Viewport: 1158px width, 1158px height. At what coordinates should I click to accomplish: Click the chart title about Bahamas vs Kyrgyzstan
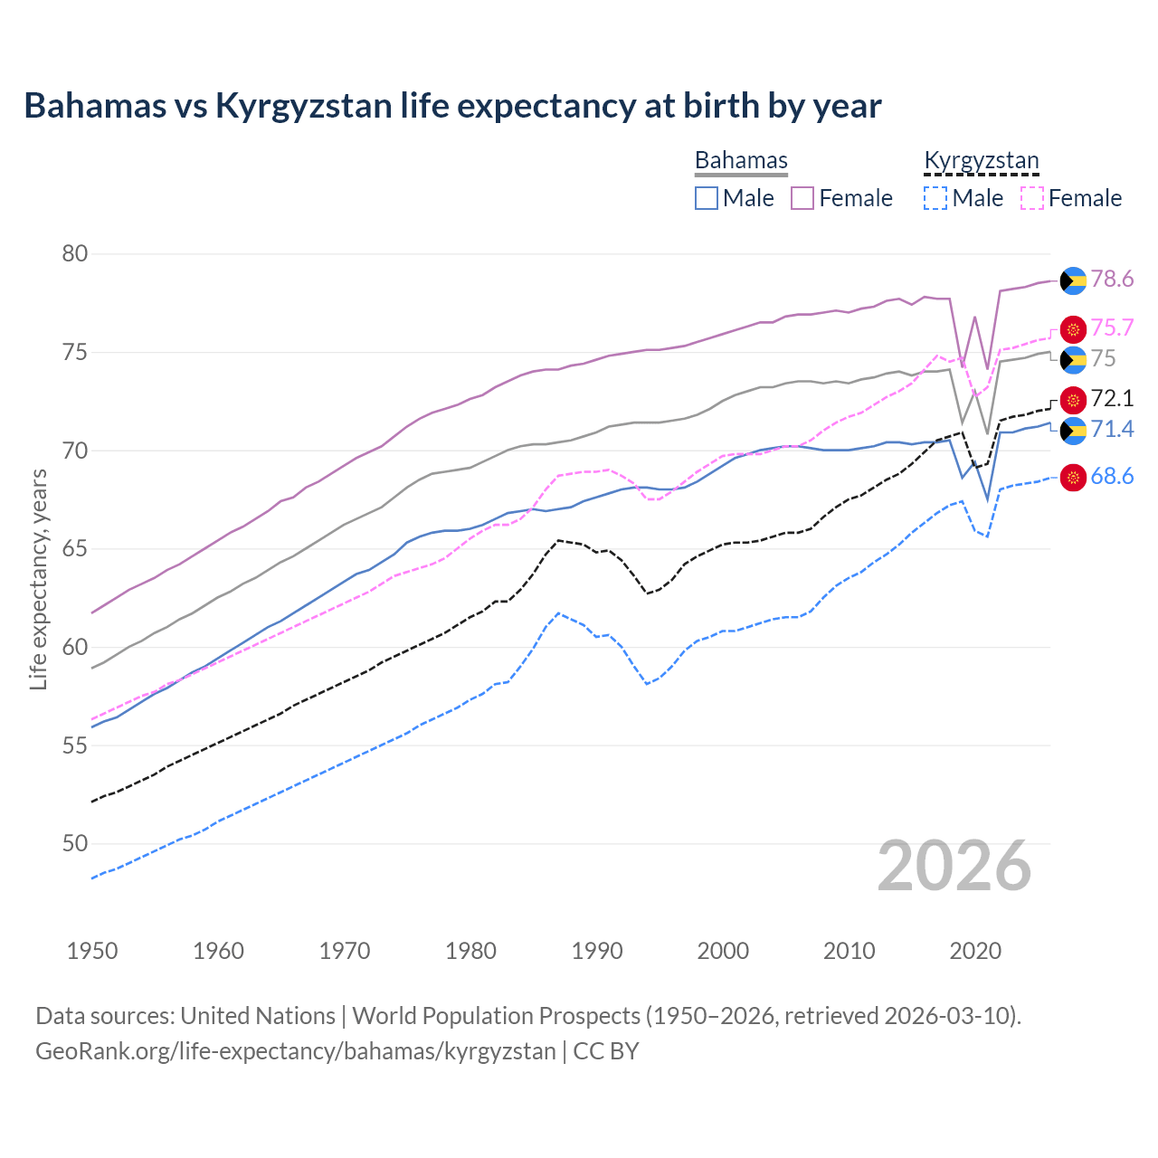(x=452, y=106)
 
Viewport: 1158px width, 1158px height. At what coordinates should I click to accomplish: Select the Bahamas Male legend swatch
(x=707, y=198)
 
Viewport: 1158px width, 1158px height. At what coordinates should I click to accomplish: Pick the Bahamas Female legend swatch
(x=802, y=198)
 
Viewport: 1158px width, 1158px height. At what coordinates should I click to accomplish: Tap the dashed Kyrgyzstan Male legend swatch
(x=935, y=198)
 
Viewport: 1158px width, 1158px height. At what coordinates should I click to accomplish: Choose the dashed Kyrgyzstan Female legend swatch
(x=1032, y=198)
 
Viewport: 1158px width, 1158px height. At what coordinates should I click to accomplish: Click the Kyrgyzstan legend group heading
(x=982, y=161)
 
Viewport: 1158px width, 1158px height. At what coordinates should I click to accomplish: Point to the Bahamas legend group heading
(x=741, y=161)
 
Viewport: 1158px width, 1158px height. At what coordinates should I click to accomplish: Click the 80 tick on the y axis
(x=75, y=254)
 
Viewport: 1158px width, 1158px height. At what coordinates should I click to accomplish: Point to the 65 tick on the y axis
(x=75, y=549)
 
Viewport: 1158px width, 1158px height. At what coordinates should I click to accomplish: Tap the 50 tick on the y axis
(x=75, y=844)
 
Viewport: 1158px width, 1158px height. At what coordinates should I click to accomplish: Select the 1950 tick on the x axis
(x=92, y=951)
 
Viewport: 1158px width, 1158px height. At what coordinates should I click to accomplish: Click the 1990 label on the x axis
(x=597, y=951)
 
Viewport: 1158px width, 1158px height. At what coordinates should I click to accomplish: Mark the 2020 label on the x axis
(x=975, y=951)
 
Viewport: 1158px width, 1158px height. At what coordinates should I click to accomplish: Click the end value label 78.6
(x=1112, y=280)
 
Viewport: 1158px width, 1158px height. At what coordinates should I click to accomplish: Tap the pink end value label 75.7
(x=1112, y=327)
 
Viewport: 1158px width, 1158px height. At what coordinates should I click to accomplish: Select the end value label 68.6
(x=1112, y=477)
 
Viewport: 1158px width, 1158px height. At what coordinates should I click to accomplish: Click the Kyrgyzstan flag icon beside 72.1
(x=1073, y=400)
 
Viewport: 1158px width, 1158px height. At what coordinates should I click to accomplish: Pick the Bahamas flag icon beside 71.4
(x=1073, y=430)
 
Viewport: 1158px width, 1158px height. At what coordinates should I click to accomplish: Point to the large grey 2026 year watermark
(x=954, y=866)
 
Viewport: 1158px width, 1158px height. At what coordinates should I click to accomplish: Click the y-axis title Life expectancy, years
(x=39, y=579)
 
